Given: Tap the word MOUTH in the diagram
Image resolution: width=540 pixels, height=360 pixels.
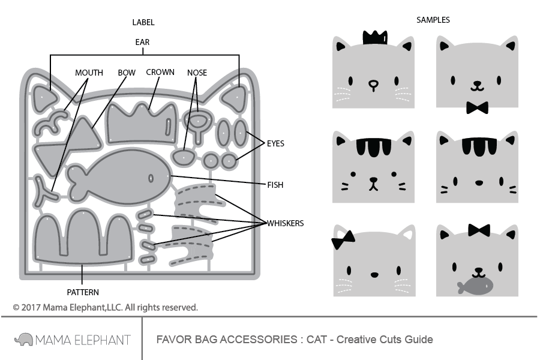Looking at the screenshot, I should (x=89, y=73).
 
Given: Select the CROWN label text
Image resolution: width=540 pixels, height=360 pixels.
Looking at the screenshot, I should (x=160, y=72).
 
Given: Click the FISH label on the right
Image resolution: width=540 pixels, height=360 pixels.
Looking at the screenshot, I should (x=275, y=185).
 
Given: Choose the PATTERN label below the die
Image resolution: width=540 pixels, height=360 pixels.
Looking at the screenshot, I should (x=83, y=292).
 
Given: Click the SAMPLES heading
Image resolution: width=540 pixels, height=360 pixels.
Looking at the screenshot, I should (x=433, y=20).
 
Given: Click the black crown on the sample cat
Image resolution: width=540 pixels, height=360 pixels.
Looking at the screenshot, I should (x=373, y=37).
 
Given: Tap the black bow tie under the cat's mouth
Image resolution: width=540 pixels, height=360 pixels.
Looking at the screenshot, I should (x=477, y=108).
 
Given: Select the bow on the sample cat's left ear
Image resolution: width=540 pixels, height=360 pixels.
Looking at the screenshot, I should (x=343, y=241).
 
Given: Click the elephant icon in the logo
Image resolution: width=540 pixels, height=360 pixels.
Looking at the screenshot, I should (x=23, y=340).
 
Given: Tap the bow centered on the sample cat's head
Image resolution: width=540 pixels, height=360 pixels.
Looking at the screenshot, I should (x=479, y=230).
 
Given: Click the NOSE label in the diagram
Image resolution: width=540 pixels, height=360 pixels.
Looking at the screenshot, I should (x=197, y=73).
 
